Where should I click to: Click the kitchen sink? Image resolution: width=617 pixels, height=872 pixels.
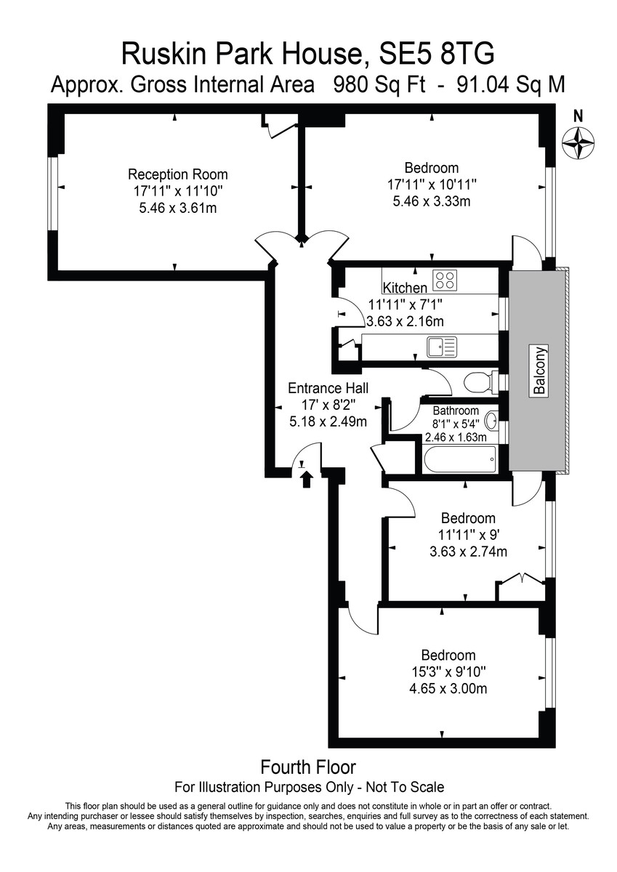point(441,347)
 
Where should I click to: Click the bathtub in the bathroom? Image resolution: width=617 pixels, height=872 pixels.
point(459,459)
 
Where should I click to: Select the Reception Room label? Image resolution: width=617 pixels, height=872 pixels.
point(178,174)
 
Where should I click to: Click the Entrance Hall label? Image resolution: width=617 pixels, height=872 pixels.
point(328,388)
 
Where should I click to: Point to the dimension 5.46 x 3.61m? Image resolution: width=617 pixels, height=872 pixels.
point(178,209)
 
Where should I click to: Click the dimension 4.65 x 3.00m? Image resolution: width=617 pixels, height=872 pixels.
point(448,689)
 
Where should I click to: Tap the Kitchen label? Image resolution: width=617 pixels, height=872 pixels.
point(405,288)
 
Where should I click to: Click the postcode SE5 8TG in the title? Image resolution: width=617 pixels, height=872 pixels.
point(437,54)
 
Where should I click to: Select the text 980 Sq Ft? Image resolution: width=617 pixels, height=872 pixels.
point(379,85)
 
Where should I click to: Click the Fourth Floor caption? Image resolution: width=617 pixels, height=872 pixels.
point(308,767)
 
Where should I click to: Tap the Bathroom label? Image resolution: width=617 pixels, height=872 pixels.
point(456,411)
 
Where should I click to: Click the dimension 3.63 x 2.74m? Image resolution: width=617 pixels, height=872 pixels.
point(468,552)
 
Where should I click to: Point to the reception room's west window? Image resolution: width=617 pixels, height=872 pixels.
point(53,193)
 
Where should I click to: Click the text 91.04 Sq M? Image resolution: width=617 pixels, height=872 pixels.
point(511,85)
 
